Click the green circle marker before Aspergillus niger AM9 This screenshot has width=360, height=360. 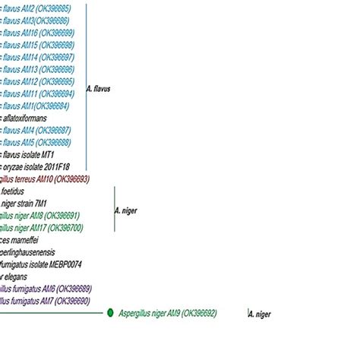(111, 313)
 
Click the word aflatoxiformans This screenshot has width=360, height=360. (25, 118)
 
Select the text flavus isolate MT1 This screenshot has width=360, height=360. (28, 154)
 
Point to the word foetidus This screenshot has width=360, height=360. (13, 191)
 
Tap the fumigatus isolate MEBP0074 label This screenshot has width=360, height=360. (41, 264)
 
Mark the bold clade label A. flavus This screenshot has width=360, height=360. (99, 89)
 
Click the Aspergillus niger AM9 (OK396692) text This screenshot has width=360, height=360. (168, 313)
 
